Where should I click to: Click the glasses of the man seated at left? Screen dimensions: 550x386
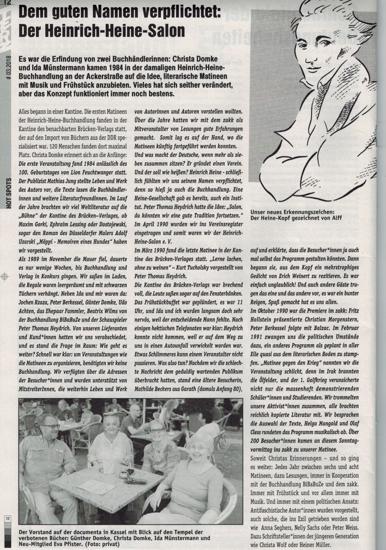[x=50, y=426]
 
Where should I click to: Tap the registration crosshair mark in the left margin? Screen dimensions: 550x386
[x=5, y=276]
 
